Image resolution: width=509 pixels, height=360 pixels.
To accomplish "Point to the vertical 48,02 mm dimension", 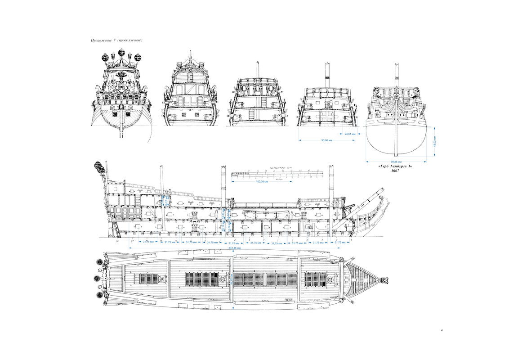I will tap(434, 141).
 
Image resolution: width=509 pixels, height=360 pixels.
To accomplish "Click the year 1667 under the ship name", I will tap(395, 171).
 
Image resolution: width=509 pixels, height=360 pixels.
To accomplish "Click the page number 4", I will tap(442, 331).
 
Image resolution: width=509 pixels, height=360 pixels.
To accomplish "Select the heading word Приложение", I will tap(100, 41).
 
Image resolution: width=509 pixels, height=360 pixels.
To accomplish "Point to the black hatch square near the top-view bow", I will tap(324, 284).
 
